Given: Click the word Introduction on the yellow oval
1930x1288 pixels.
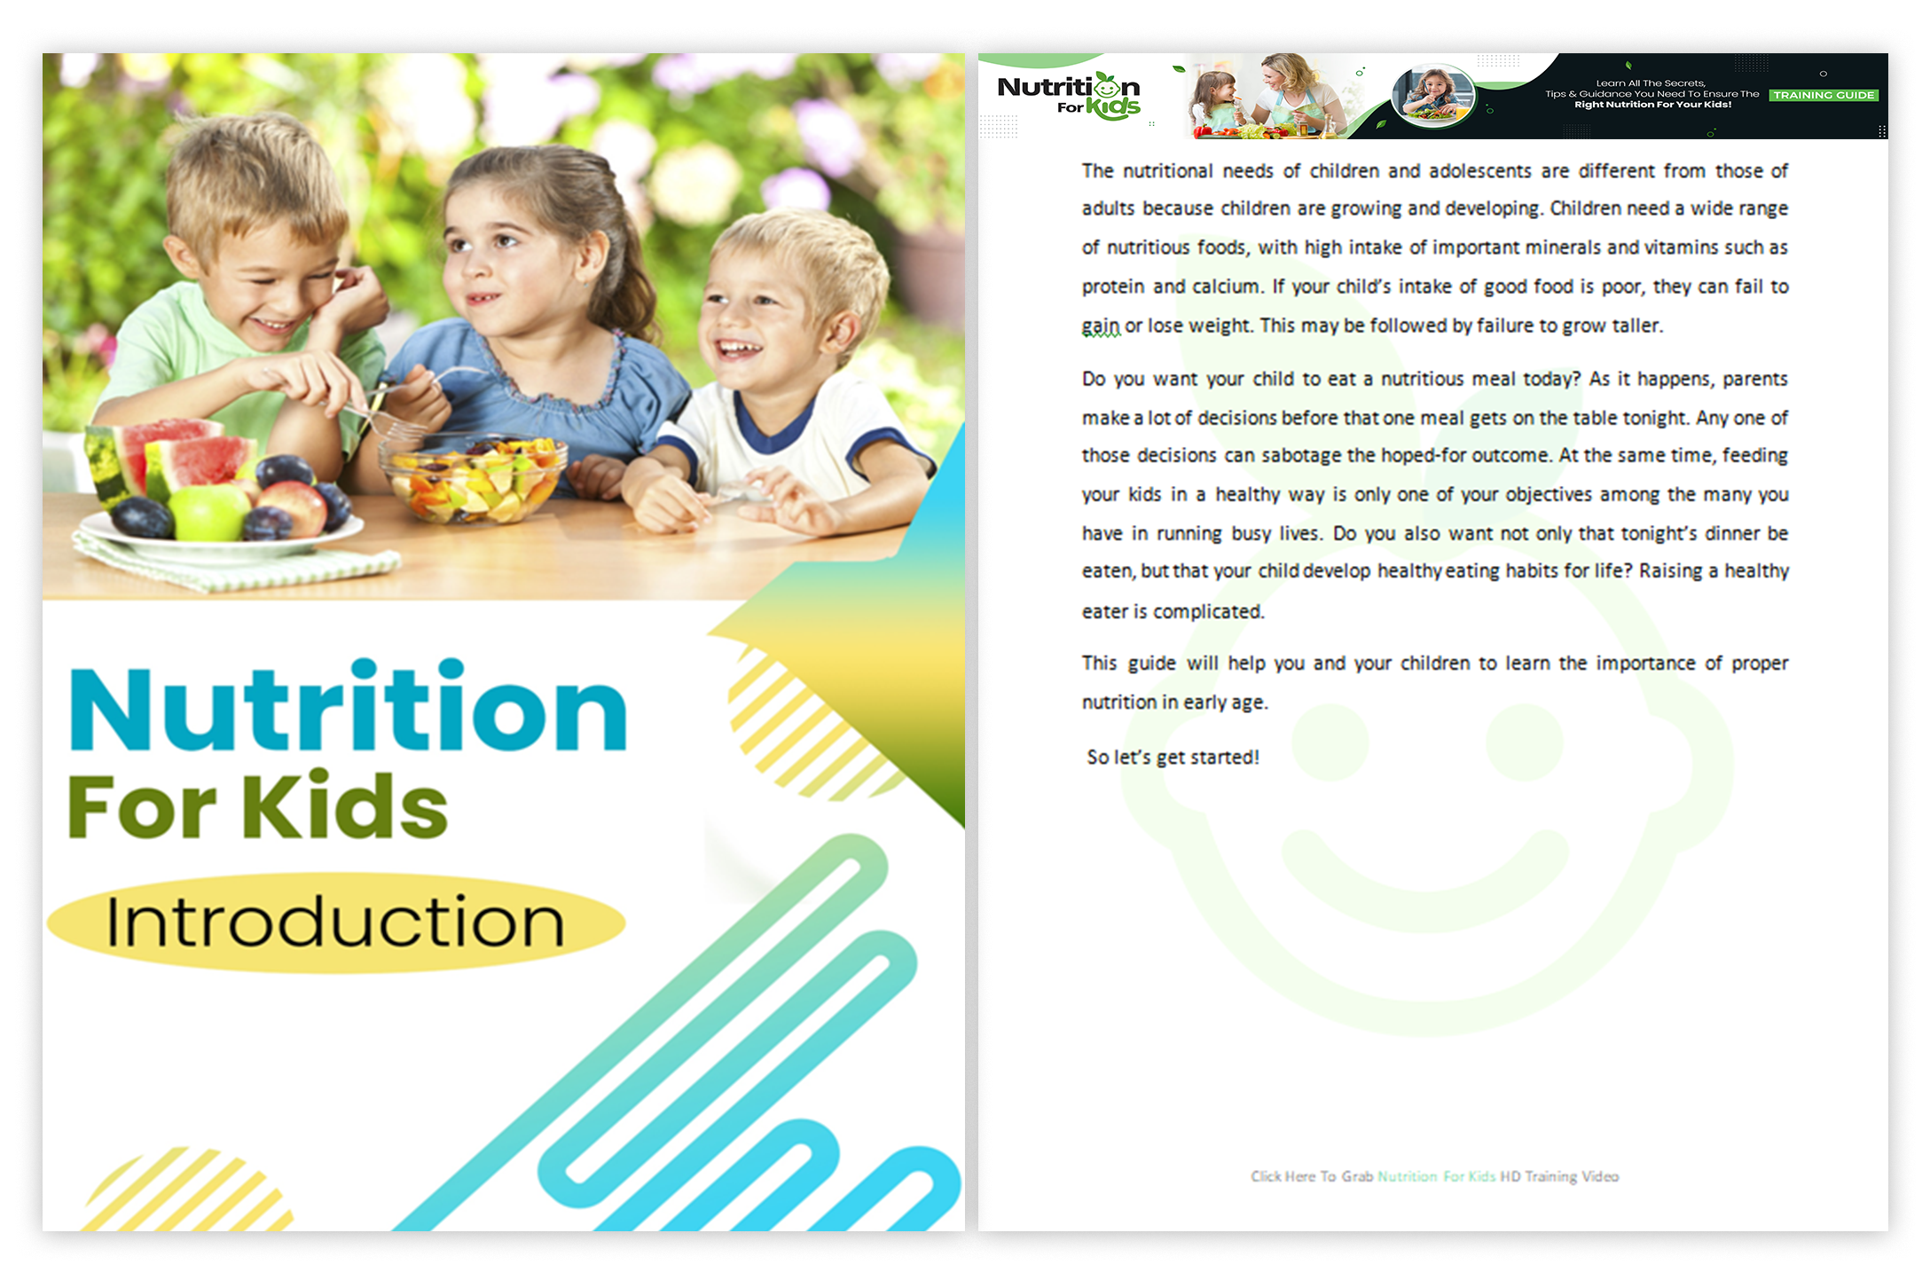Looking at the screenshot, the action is click(x=334, y=922).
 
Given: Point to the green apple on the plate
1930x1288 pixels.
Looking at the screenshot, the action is click(x=209, y=512).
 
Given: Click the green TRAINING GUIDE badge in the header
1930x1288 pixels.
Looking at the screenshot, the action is click(x=1824, y=95).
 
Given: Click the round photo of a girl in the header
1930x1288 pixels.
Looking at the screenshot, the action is click(x=1433, y=95).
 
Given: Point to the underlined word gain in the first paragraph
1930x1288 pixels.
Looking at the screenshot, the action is click(x=1101, y=326).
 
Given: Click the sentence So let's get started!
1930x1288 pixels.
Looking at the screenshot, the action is click(x=1173, y=757).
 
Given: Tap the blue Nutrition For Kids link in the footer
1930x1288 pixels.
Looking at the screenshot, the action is click(x=1437, y=1176).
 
